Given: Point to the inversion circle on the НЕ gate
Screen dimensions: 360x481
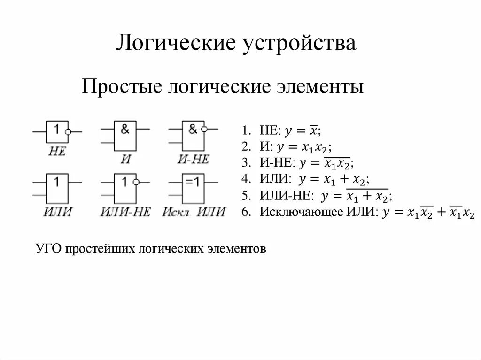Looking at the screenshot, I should point(68,132).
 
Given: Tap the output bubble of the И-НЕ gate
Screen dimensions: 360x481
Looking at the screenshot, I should point(203,129).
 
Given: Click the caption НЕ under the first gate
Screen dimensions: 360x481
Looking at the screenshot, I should point(57,151).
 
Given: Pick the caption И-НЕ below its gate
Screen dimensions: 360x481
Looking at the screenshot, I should point(193,159).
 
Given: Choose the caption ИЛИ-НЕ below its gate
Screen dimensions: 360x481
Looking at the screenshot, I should point(125,211).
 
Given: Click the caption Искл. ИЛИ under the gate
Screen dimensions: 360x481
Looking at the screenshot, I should point(194,211).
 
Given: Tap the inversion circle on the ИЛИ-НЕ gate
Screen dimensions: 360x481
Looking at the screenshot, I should point(136,181).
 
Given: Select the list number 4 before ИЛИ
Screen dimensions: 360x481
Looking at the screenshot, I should point(245,179).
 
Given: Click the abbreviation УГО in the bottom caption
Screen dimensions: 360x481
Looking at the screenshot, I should point(49,248).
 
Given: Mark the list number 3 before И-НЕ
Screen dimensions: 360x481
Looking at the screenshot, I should point(245,163).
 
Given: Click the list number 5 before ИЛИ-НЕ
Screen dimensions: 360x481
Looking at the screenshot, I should point(245,195).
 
